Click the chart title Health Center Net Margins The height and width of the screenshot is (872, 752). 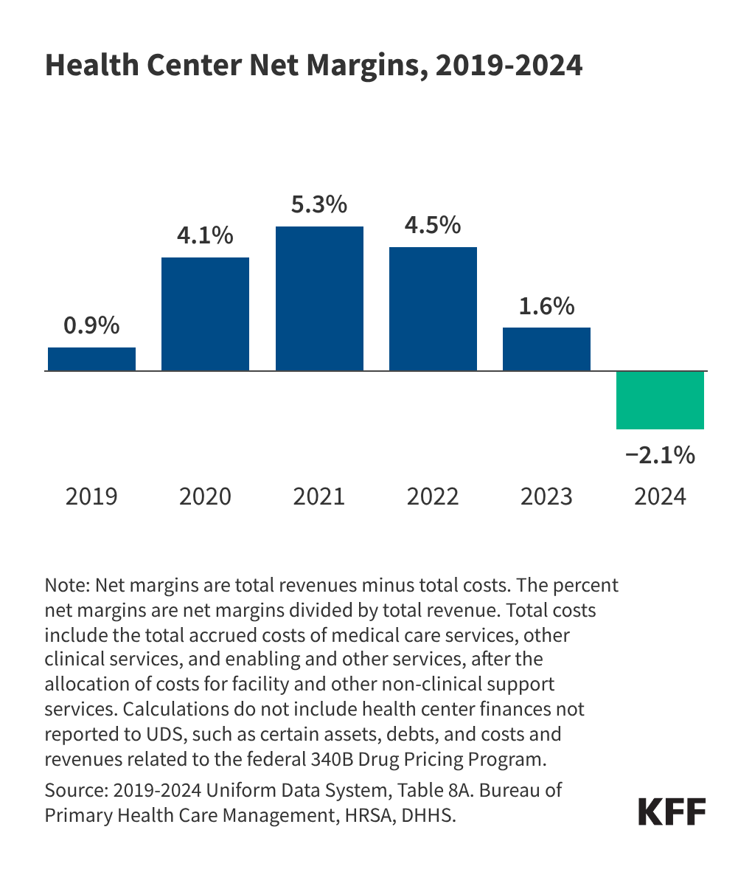tap(313, 66)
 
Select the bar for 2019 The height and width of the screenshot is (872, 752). tap(91, 359)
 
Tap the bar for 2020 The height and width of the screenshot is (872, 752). tap(205, 314)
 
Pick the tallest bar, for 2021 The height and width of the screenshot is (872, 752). tap(319, 298)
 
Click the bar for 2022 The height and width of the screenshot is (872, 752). tap(433, 308)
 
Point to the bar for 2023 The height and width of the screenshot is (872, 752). tap(546, 349)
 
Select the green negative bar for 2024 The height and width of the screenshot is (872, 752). tap(660, 400)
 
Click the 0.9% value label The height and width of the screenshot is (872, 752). tap(91, 325)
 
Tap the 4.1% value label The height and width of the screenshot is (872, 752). tap(205, 235)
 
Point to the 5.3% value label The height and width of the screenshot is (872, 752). tap(319, 204)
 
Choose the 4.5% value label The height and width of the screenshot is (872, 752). tap(433, 225)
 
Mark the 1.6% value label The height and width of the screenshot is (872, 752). tap(546, 305)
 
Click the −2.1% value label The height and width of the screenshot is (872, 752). tap(660, 455)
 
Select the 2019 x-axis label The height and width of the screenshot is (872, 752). tap(91, 496)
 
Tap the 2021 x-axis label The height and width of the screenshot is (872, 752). tap(319, 496)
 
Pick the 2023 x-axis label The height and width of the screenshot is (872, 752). tap(546, 496)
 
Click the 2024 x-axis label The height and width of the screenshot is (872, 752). tap(660, 496)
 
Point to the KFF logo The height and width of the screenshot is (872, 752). tap(672, 812)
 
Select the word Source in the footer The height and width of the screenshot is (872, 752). tap(75, 790)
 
